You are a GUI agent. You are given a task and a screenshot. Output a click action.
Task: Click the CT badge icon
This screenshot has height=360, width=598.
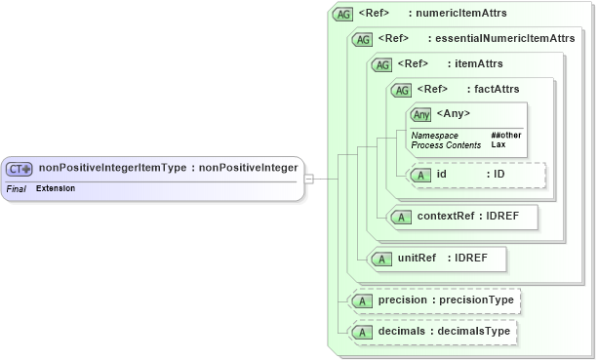(20, 168)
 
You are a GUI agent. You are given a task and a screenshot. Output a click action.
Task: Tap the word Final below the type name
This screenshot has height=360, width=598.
(16, 187)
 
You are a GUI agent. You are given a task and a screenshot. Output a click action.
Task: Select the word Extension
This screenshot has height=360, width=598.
(56, 187)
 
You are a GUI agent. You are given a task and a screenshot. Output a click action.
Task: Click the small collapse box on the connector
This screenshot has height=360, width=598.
(308, 179)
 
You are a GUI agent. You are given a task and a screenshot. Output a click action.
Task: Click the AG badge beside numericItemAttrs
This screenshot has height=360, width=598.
(342, 14)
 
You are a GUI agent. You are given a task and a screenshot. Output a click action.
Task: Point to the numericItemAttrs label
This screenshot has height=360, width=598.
(458, 14)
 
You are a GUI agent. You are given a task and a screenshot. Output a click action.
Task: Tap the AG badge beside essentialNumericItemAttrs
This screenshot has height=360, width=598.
(363, 39)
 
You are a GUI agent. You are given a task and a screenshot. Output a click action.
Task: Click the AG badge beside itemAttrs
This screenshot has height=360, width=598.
(382, 64)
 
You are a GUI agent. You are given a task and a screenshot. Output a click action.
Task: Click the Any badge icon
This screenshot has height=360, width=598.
(421, 114)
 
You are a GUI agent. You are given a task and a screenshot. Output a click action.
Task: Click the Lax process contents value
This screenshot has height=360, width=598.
(498, 144)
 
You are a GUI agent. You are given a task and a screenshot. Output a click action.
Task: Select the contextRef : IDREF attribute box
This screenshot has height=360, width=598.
(462, 217)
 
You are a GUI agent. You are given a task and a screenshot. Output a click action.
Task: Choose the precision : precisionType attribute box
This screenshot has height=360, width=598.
(433, 300)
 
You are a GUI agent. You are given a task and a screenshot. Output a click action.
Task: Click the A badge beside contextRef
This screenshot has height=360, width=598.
(400, 217)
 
